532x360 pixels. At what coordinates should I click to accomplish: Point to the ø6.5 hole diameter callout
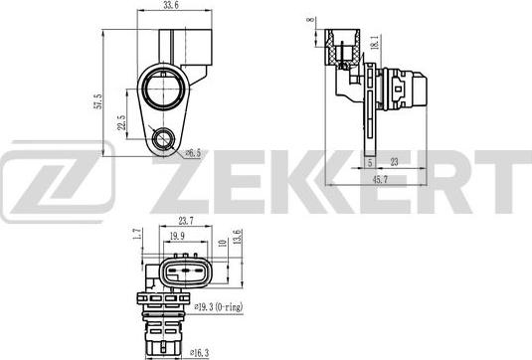[193, 152]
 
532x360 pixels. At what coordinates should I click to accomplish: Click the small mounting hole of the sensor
[160, 139]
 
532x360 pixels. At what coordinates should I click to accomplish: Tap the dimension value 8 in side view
[310, 19]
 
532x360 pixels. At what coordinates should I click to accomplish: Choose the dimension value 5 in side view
[369, 161]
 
